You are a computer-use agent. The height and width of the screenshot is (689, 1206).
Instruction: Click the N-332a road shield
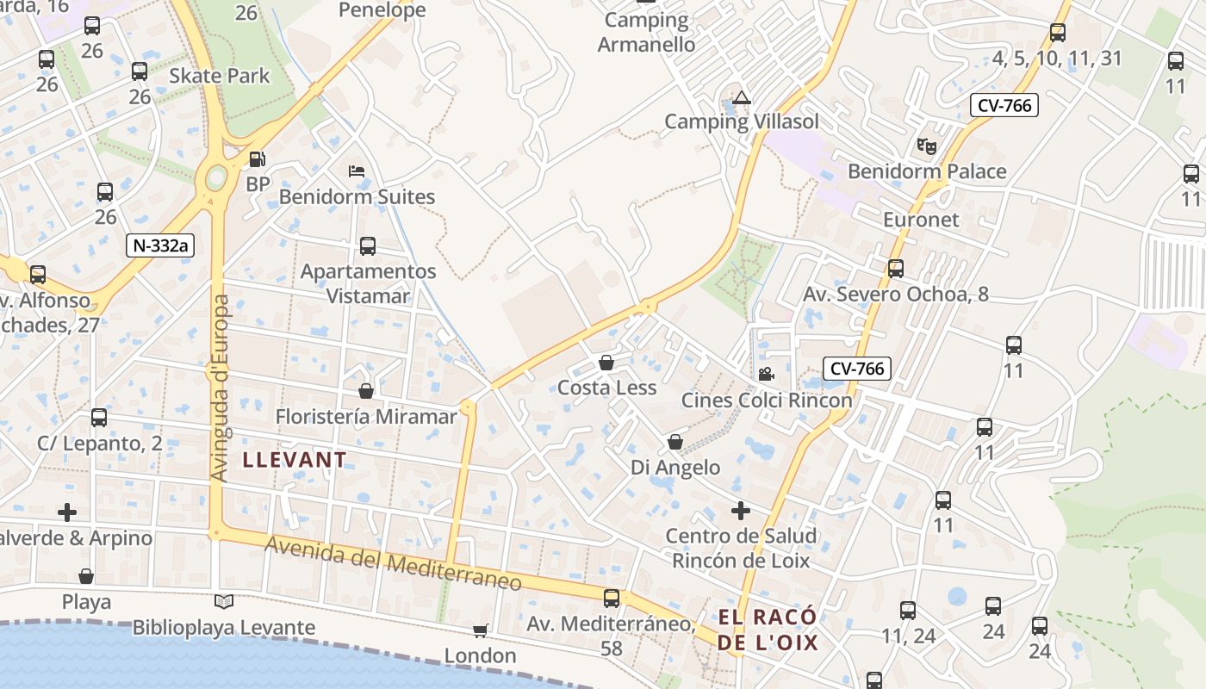click(160, 245)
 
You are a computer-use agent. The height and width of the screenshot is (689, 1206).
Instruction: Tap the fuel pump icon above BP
click(257, 159)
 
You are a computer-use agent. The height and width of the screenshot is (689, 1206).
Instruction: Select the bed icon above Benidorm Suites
click(357, 171)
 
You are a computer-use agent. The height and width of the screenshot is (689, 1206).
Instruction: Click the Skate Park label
click(220, 76)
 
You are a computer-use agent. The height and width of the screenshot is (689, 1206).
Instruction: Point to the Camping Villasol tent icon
click(741, 97)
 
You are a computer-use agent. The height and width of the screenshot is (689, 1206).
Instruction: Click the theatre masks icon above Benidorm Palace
click(927, 146)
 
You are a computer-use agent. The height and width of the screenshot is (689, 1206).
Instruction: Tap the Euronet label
click(921, 220)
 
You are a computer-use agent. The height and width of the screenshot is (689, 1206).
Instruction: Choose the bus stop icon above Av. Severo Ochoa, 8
click(896, 269)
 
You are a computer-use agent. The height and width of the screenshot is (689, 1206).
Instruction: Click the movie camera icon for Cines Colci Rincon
click(765, 374)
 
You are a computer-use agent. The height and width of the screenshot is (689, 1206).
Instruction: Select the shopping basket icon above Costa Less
click(606, 363)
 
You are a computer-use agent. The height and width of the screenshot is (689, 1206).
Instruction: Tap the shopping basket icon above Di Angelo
click(675, 443)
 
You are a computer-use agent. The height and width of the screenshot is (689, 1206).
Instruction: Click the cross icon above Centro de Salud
click(740, 511)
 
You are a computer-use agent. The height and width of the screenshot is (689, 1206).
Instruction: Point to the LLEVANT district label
click(295, 460)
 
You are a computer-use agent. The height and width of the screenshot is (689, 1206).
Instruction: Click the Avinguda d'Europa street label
click(221, 388)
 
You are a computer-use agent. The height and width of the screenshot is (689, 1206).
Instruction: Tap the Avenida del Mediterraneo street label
click(393, 563)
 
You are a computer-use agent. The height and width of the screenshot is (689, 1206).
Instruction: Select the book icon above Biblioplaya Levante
click(224, 601)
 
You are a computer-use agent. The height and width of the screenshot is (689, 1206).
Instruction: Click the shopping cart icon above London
click(480, 630)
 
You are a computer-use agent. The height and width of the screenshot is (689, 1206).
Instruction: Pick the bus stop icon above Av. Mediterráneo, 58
click(612, 598)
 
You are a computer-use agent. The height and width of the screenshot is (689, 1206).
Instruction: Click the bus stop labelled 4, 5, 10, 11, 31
click(1058, 34)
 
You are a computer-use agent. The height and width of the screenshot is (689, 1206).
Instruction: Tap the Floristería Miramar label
click(366, 417)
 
